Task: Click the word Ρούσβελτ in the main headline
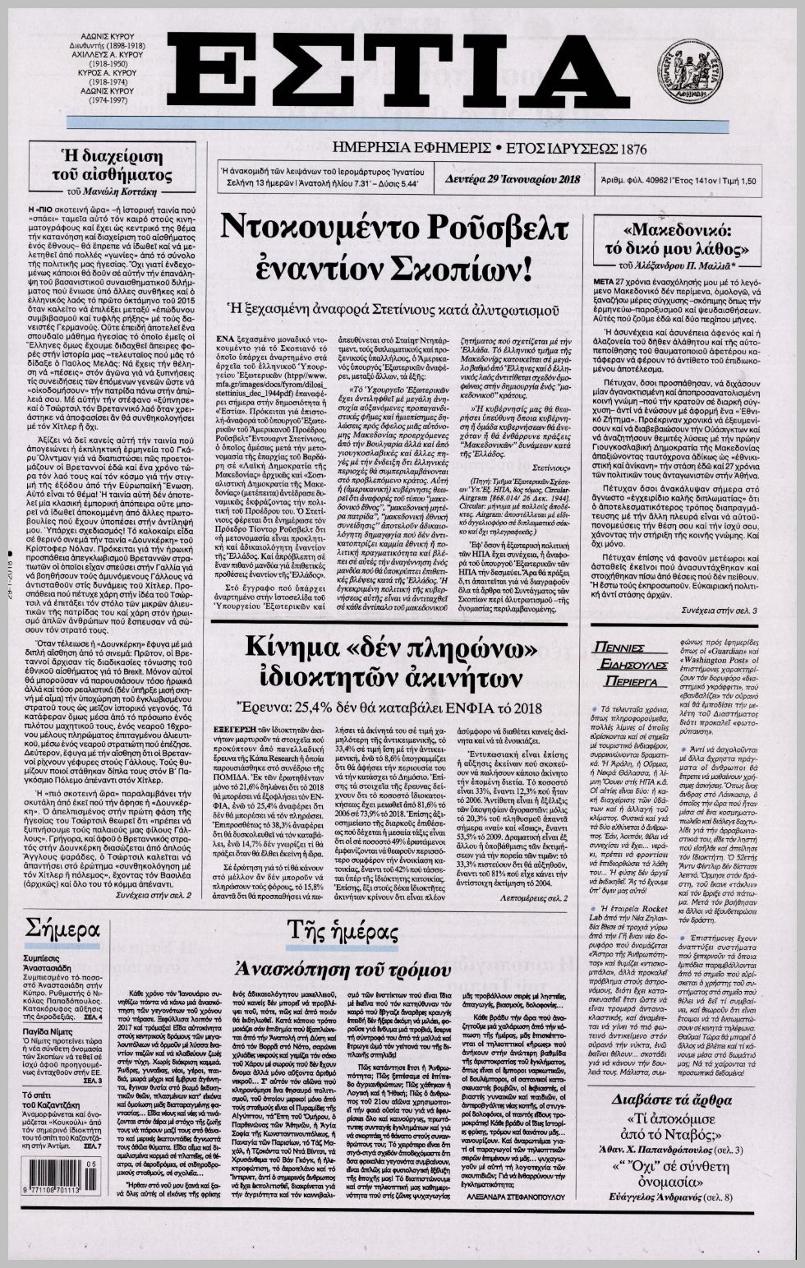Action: point(476,225)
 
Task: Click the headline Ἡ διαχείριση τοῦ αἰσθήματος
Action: point(113,165)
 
